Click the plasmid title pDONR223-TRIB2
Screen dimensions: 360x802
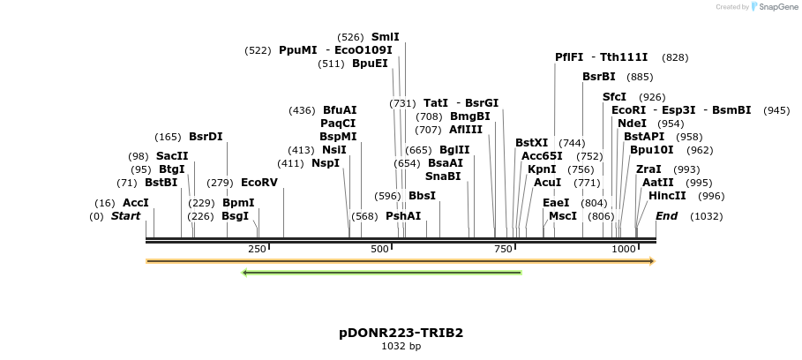(x=401, y=333)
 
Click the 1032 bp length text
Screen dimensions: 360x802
(x=401, y=346)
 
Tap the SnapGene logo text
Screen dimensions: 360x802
(x=777, y=6)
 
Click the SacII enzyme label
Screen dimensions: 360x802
(x=172, y=156)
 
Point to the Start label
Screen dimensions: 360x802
(x=125, y=216)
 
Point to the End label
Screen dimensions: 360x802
(x=667, y=216)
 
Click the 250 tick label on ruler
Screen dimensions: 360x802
(x=257, y=249)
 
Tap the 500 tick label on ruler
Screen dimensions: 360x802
(x=379, y=249)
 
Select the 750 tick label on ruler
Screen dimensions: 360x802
(x=503, y=249)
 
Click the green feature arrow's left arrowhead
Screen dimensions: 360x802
(x=246, y=273)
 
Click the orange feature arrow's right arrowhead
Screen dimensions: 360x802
(x=651, y=261)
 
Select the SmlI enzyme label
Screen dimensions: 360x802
(x=385, y=37)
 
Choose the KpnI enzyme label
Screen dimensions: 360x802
(x=542, y=169)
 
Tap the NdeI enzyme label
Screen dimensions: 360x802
(x=632, y=124)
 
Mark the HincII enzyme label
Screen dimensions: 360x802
(x=667, y=196)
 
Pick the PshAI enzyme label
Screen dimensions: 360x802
(x=403, y=216)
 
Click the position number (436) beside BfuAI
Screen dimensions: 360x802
(x=302, y=110)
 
